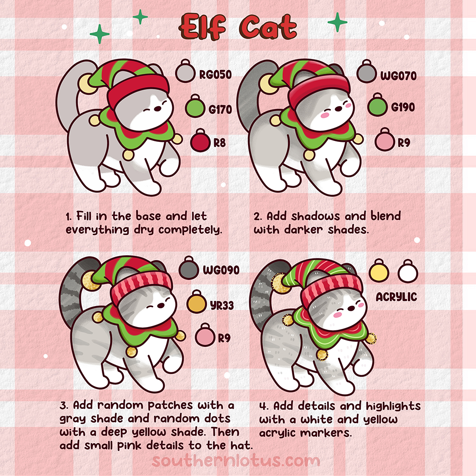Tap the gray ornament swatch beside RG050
(x=184, y=73)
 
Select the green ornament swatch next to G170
(x=195, y=107)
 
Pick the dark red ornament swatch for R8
(x=199, y=141)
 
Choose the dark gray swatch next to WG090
(x=188, y=271)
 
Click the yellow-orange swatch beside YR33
(x=196, y=303)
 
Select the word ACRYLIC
(x=396, y=297)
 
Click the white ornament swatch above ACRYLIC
(x=408, y=272)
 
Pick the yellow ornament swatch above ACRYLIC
(x=379, y=272)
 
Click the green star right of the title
(x=337, y=22)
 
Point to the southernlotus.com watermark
(x=236, y=461)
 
